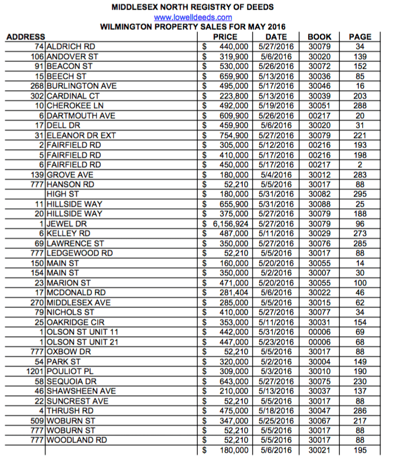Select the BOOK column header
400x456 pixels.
320,37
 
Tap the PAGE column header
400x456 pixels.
360,37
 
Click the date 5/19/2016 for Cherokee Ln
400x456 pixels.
277,105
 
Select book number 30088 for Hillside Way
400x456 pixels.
320,204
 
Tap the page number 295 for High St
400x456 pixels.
360,194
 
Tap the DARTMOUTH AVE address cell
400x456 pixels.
81,115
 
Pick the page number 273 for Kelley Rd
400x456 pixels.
360,233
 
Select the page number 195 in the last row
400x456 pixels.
360,450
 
